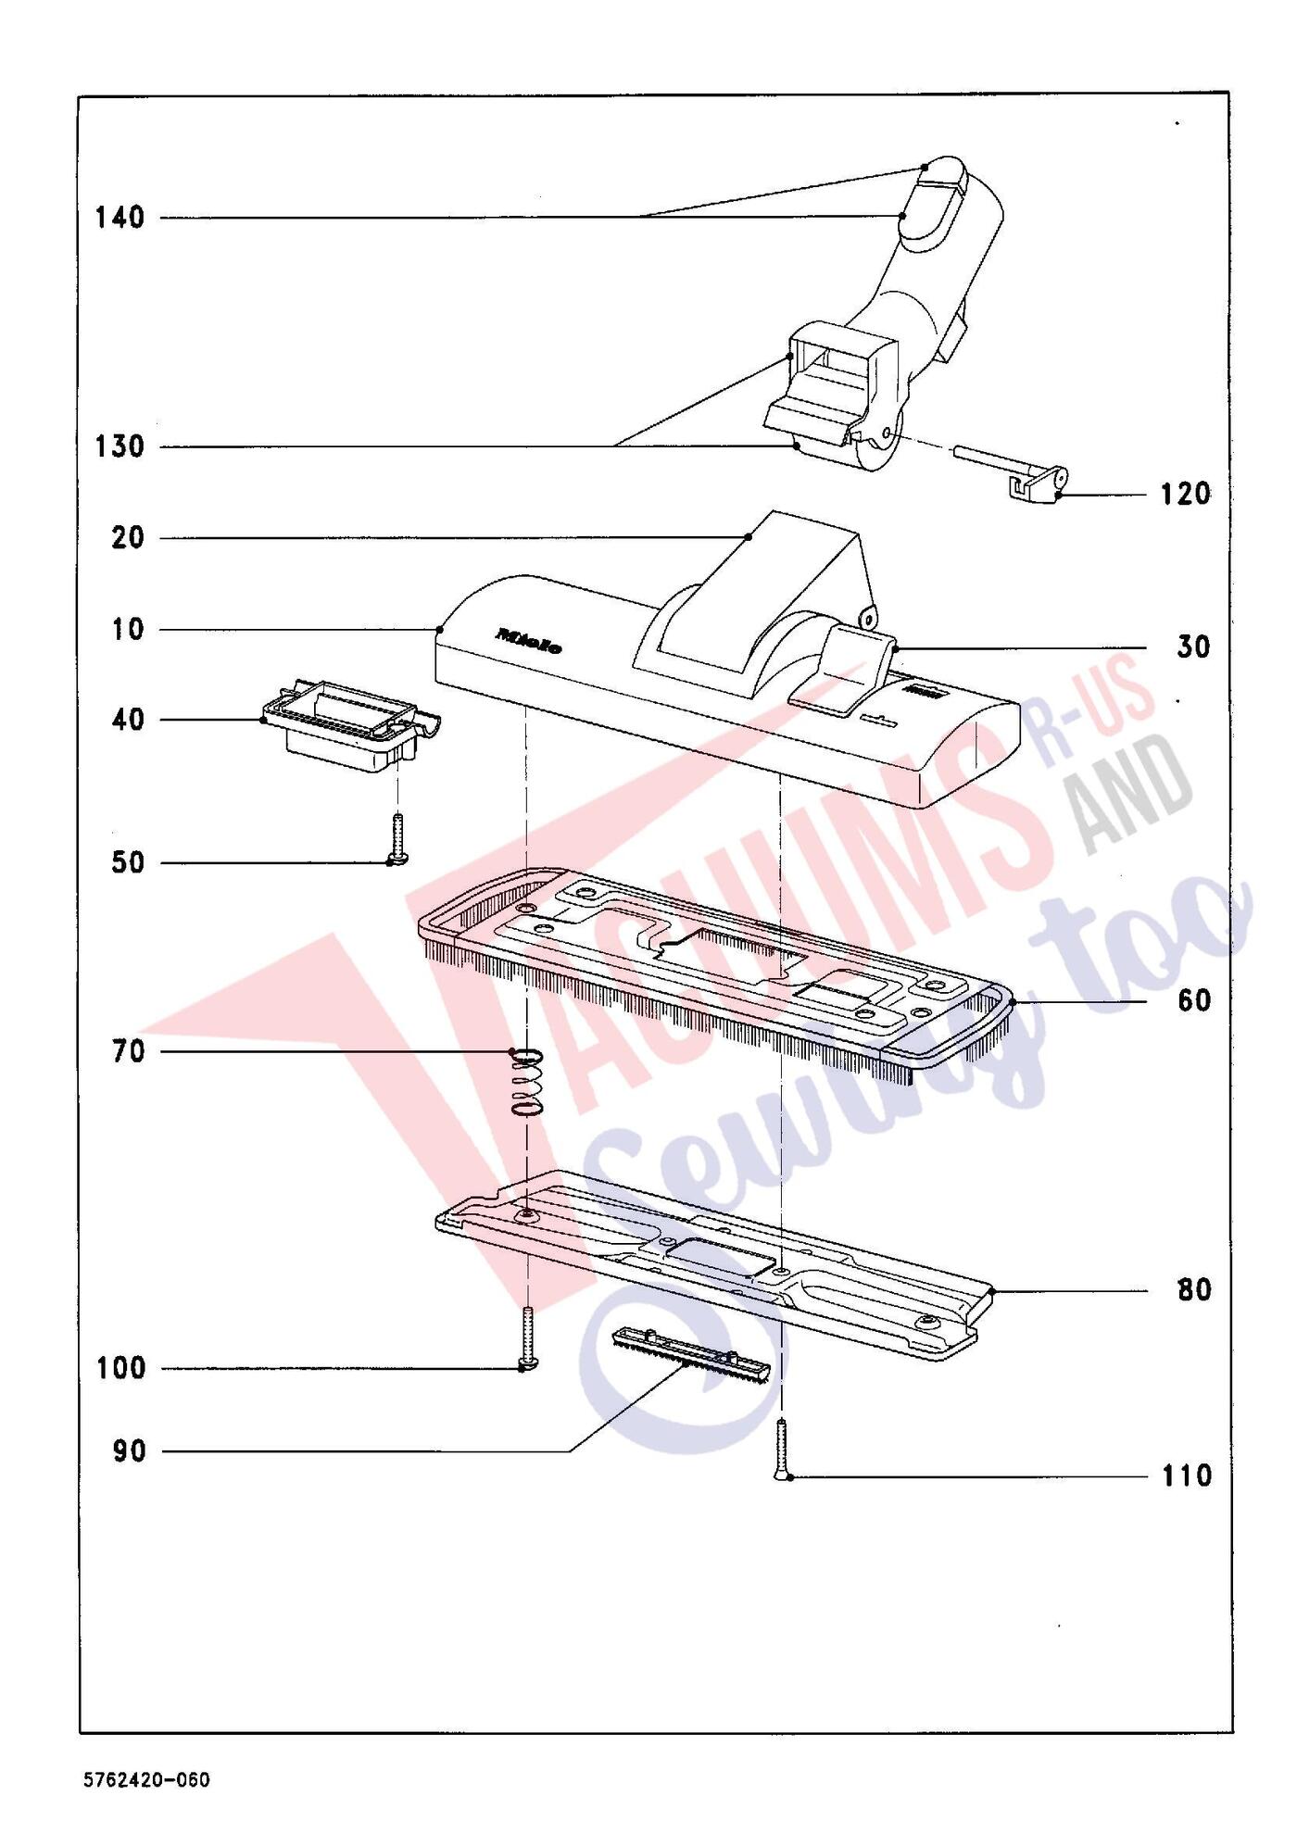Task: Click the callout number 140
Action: click(120, 219)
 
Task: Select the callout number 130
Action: click(120, 447)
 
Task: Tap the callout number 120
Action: click(1186, 495)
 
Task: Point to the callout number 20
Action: click(129, 538)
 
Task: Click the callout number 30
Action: click(1194, 647)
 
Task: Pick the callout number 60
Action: click(1194, 1001)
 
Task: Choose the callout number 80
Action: click(1194, 1290)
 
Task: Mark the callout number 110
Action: click(1187, 1475)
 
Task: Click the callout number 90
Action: click(129, 1452)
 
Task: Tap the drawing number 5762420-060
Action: click(147, 1780)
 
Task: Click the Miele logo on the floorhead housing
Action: click(529, 641)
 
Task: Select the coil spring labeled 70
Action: click(525, 1081)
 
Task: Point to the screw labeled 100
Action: click(527, 1338)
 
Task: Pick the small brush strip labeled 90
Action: click(691, 1355)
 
